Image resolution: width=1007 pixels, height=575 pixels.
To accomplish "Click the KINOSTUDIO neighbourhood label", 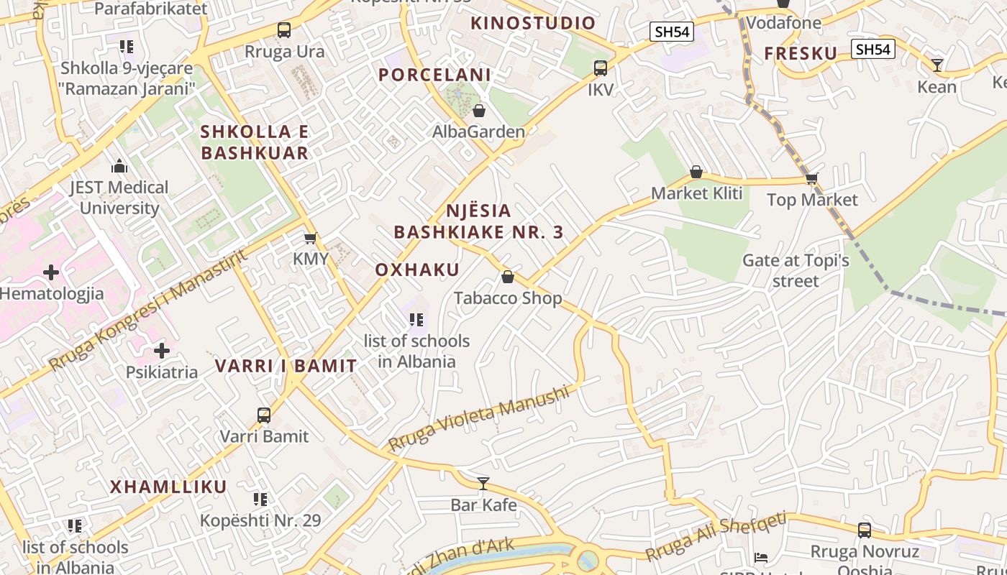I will coord(533,23).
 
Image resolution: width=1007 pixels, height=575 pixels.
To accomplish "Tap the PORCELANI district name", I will coord(434,75).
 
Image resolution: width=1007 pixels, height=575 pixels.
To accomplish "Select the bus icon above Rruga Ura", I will coord(284,30).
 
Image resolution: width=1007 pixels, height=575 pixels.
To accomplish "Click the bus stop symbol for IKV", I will coord(601,68).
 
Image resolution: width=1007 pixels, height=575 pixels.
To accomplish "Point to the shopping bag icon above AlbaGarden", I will coord(479,111).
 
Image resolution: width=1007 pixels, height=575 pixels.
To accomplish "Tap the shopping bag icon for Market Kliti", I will coord(696,172).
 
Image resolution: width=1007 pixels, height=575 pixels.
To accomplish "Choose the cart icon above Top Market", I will coord(812,178).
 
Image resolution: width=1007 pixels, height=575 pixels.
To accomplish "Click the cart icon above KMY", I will coord(310,238).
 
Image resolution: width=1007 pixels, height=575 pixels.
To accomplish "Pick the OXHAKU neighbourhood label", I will coord(417,270).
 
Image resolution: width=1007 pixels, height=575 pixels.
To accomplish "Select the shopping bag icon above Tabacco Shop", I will coord(508,277).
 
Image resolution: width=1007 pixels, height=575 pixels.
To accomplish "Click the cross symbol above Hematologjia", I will coord(51,272).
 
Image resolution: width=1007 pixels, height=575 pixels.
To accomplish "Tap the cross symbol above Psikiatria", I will coord(162,351).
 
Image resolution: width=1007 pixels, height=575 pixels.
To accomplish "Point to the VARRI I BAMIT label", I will coord(286,366).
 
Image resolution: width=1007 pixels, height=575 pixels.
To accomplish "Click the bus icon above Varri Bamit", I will coord(264,415).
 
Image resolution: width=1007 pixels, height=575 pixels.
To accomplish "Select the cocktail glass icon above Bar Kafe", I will coord(483,483).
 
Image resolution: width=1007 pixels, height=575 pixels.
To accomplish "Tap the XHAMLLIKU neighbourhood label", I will coord(168,487).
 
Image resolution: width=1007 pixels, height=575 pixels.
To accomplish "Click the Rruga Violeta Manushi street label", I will coord(478,418).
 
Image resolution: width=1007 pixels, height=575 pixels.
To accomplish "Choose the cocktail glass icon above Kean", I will coord(937,65).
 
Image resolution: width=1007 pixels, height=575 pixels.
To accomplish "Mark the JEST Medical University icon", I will coord(119,167).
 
